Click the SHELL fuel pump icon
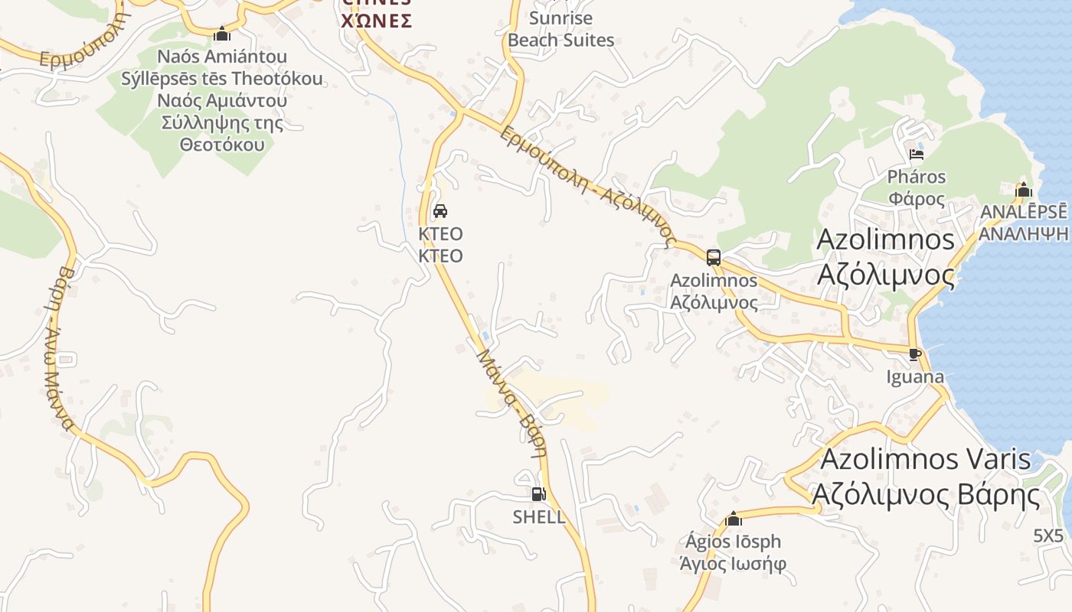point(538,494)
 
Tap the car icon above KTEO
point(440,211)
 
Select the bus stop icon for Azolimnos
point(714,257)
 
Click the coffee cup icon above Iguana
point(914,353)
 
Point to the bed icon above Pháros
point(917,155)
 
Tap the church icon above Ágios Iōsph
point(734,519)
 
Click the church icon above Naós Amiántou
point(222,34)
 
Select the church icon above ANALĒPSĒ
point(1024,190)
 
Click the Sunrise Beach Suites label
point(561,29)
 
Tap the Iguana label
point(915,377)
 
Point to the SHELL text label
point(539,517)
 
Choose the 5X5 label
point(1048,535)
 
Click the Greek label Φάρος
point(917,199)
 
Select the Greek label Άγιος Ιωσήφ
point(734,565)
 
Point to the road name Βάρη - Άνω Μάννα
point(57,348)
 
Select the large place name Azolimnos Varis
point(926,460)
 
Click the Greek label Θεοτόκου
point(222,145)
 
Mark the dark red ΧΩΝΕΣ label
point(377,21)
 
